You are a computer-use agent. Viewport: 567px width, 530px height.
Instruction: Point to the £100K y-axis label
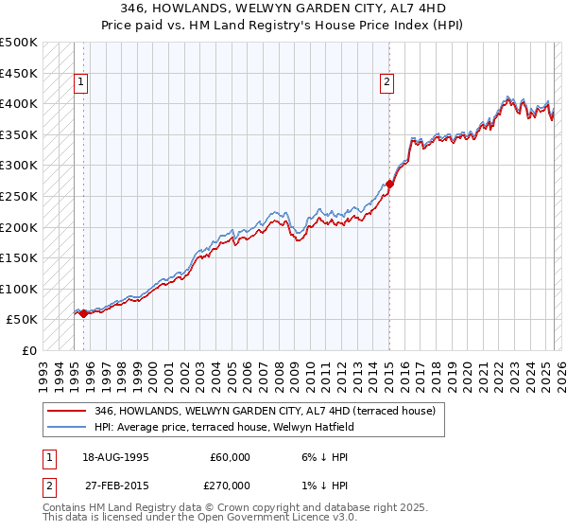coord(19,289)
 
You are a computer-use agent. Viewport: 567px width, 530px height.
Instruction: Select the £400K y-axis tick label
coord(19,103)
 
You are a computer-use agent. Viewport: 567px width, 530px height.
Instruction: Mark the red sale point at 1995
coord(83,313)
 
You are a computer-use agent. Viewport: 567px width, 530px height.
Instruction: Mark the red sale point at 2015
coord(389,184)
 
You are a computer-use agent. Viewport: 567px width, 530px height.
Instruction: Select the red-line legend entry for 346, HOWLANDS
coord(265,411)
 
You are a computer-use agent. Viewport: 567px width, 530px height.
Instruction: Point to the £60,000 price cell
coord(230,457)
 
